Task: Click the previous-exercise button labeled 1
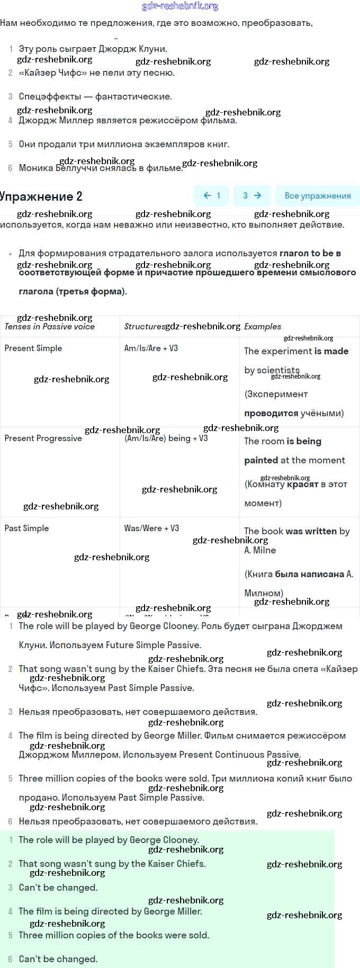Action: coord(212,195)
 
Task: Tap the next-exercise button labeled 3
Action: coord(251,195)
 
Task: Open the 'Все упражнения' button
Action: coord(317,195)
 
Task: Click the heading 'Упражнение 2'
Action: coord(41,196)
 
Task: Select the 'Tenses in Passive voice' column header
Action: coord(49,327)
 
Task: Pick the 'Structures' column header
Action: coord(144,327)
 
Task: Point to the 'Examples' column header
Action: coord(263,327)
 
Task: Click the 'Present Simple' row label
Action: coord(33,348)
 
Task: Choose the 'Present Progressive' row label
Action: coord(43,438)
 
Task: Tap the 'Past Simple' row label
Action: coord(26,528)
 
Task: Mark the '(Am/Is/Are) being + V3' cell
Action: coord(166,438)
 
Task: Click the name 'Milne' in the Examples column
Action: coord(264,550)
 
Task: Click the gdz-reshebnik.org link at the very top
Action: coord(180,6)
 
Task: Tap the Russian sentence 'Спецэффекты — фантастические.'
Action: coord(95,96)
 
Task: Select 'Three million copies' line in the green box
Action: coord(114,935)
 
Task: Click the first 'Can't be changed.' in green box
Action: coord(58,888)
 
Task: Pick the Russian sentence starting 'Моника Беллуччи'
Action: coord(101,168)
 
